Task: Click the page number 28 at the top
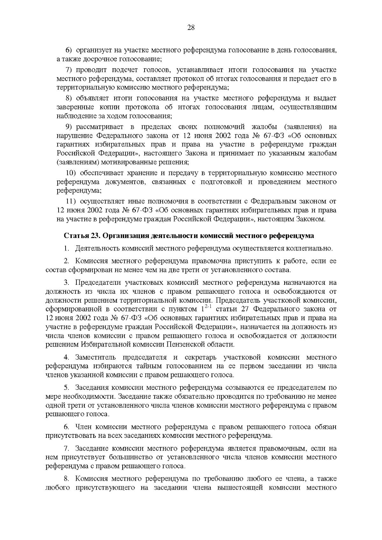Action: pyautogui.click(x=191, y=27)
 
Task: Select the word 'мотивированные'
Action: pyautogui.click(x=126, y=163)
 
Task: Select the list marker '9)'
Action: pyautogui.click(x=70, y=127)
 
